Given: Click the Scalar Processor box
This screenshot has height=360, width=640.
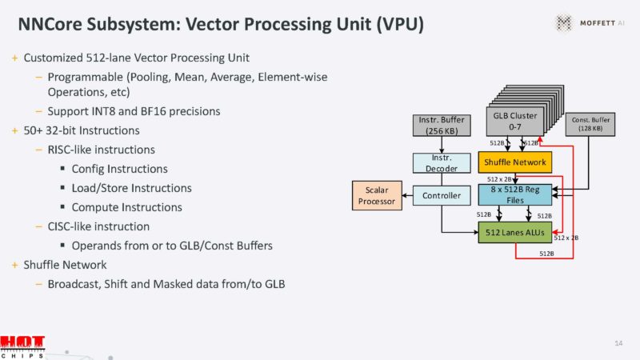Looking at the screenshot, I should pos(377,195).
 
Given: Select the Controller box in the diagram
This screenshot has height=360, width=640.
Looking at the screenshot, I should pos(442,195).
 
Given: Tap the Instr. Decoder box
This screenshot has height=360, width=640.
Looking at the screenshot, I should pos(442,163).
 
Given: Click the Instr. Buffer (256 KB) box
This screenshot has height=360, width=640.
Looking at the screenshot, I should pos(442,126).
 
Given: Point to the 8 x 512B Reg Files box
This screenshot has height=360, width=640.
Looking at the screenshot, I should pos(515,195).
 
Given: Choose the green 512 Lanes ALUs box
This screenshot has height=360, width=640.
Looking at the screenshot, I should pos(515,233).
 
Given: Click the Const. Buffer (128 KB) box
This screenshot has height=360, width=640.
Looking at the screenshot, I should pos(590,124).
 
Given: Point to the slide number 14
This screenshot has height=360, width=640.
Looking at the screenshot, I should pos(618,343).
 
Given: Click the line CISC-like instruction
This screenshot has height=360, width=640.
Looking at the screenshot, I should pos(98,226).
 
